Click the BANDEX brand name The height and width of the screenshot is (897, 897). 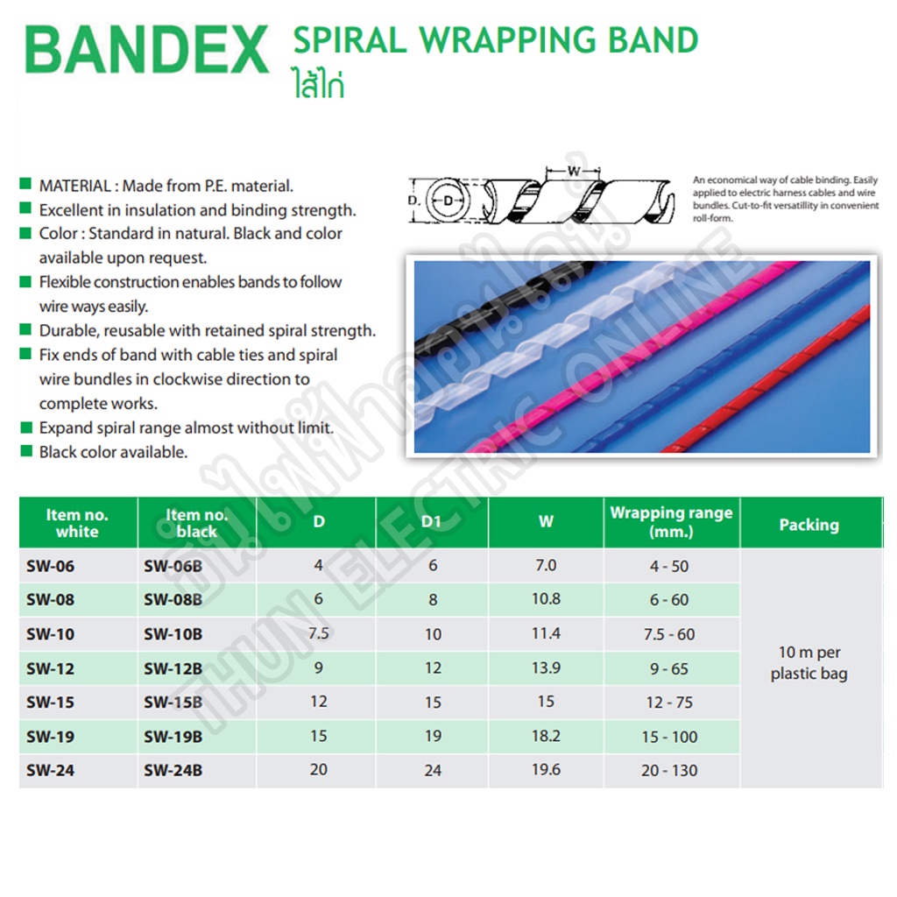(x=146, y=50)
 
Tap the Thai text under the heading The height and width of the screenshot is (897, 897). (x=319, y=85)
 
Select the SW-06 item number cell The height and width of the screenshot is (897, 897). (x=50, y=566)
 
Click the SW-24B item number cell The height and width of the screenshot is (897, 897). (x=173, y=770)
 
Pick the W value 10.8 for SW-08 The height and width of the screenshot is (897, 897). (x=546, y=599)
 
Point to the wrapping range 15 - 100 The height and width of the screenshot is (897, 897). (x=669, y=736)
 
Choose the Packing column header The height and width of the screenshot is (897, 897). (x=809, y=525)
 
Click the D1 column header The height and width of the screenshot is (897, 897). (x=431, y=521)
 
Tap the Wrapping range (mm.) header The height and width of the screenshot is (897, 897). (x=671, y=522)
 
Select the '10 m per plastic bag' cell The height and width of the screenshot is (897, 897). (x=809, y=662)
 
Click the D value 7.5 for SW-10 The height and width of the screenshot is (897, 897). (x=319, y=633)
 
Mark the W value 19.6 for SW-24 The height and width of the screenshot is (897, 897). (x=546, y=769)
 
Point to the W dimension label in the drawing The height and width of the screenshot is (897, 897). (x=573, y=171)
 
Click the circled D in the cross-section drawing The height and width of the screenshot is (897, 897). (x=448, y=201)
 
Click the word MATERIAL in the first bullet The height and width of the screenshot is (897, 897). (x=75, y=186)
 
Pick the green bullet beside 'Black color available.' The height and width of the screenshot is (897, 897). (x=25, y=451)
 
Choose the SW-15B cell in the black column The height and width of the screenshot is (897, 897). (x=173, y=702)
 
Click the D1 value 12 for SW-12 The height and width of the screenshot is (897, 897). (x=433, y=667)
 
